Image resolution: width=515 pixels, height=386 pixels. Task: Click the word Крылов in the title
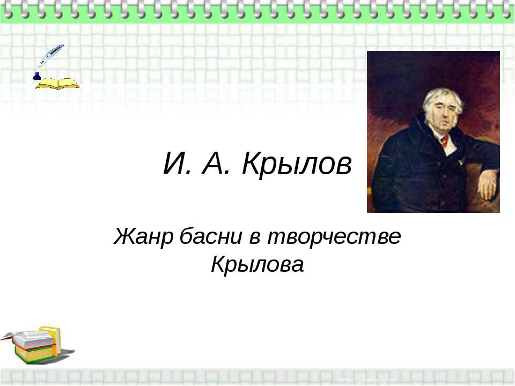[297, 164]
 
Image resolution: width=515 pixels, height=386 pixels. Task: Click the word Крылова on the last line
[257, 263]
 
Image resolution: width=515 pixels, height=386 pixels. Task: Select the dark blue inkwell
[37, 76]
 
